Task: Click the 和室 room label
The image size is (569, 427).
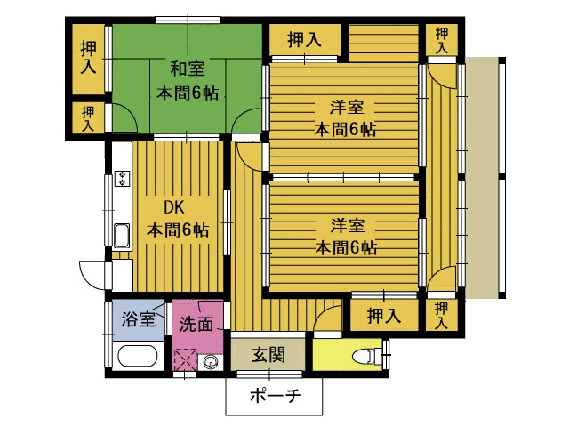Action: [x=188, y=69]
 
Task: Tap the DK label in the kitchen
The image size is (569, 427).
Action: [x=174, y=207]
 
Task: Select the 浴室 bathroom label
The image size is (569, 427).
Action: [x=139, y=318]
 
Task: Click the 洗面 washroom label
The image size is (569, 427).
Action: [x=196, y=324]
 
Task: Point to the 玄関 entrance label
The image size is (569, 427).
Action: [x=268, y=354]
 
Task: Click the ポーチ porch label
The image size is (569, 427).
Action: [x=276, y=395]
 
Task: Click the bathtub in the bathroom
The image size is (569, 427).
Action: [x=138, y=356]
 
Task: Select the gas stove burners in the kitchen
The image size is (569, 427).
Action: [x=123, y=179]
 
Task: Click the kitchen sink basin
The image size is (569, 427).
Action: [x=122, y=236]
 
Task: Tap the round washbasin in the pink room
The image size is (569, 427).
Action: [x=211, y=362]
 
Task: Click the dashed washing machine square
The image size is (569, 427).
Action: [x=186, y=359]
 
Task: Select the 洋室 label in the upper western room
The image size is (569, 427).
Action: [x=347, y=108]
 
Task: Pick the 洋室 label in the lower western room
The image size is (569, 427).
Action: [x=348, y=226]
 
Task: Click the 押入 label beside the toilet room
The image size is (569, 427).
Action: [x=384, y=316]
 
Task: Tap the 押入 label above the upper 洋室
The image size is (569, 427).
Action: [x=304, y=39]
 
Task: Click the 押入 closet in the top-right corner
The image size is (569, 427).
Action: [x=442, y=40]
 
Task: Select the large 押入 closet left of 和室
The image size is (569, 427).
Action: [x=89, y=58]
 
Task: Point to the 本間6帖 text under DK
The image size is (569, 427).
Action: [x=178, y=230]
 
